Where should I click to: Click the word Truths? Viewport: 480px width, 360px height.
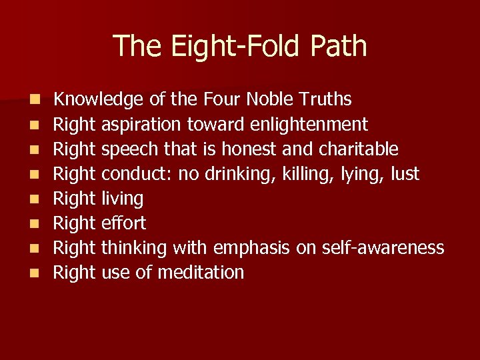point(326,100)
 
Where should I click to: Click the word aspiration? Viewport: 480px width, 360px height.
point(141,125)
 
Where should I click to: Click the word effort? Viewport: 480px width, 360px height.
point(123,223)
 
